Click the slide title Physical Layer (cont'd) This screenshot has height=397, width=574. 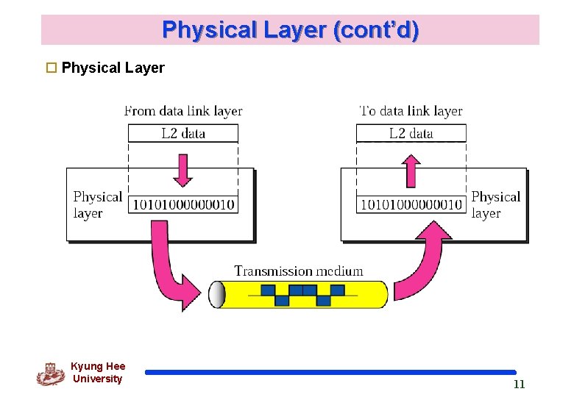[290, 30]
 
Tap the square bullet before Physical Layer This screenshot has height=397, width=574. [52, 68]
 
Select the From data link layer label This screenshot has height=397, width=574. [183, 111]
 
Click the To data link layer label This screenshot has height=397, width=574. [411, 111]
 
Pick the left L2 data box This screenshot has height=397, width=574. [183, 133]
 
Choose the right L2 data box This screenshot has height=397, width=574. [411, 133]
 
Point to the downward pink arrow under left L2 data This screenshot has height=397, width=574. [183, 170]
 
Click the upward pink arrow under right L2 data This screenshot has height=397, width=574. [411, 170]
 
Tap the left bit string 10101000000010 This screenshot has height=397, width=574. [183, 204]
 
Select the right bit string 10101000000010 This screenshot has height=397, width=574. [411, 204]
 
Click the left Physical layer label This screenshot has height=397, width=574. [96, 205]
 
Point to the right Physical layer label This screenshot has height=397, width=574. [495, 205]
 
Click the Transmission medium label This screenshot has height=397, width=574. [298, 271]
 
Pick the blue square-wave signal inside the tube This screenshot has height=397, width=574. [302, 295]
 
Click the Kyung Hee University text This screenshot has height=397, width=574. [98, 373]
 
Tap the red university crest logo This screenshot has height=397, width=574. [50, 374]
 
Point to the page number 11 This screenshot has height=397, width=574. [519, 385]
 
